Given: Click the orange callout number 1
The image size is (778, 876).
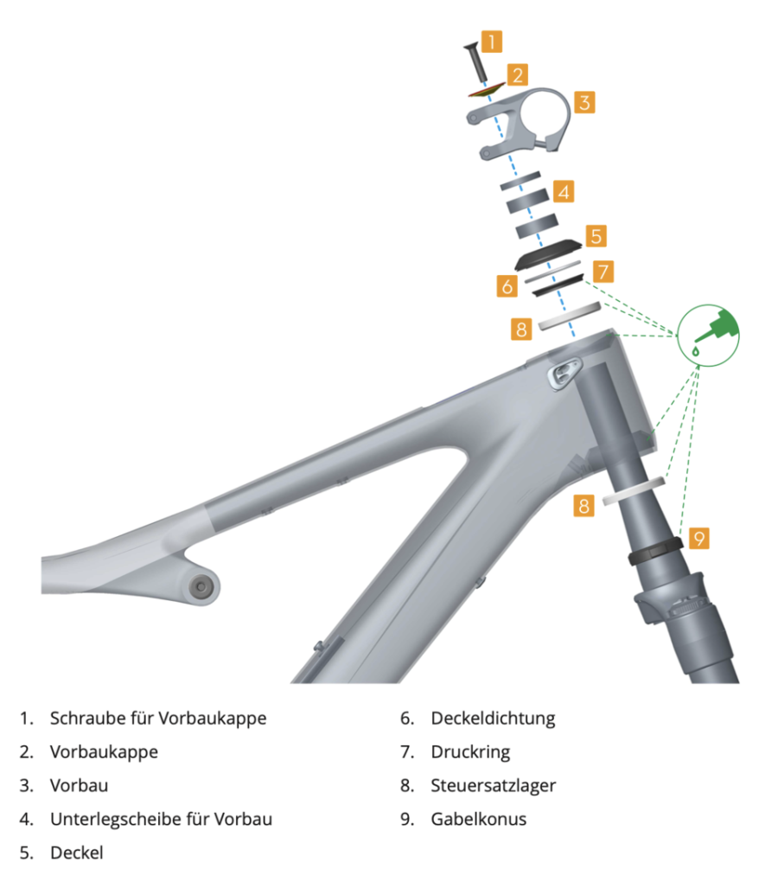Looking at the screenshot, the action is click(492, 42).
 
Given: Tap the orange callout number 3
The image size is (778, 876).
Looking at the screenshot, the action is click(584, 102).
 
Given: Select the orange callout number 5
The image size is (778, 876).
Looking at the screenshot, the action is click(596, 236).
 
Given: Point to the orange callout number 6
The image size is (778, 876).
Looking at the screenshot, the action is click(507, 285).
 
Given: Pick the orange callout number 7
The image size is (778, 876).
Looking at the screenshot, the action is click(603, 272).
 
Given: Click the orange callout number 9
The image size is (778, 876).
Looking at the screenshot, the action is click(698, 538).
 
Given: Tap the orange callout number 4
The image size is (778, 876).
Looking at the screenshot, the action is click(564, 192).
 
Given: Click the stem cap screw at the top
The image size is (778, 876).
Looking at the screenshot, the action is click(476, 61).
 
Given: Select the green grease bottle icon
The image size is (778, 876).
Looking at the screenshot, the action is click(708, 336).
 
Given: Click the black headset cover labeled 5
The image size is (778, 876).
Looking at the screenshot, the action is click(548, 253).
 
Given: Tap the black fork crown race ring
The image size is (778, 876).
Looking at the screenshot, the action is click(655, 550).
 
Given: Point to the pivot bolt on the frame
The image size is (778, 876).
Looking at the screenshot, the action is click(200, 586).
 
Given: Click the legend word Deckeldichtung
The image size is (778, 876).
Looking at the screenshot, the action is click(493, 718).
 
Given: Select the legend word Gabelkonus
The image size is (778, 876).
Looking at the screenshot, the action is click(479, 819).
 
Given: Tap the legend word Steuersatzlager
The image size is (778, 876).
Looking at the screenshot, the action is click(493, 785).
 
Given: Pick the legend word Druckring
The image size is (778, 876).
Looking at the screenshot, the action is click(470, 752).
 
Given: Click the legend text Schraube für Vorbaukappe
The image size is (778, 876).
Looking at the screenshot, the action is click(158, 718).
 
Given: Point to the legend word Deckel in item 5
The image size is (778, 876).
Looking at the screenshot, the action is click(77, 853).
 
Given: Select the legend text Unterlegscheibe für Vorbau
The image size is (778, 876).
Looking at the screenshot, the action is click(161, 819).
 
